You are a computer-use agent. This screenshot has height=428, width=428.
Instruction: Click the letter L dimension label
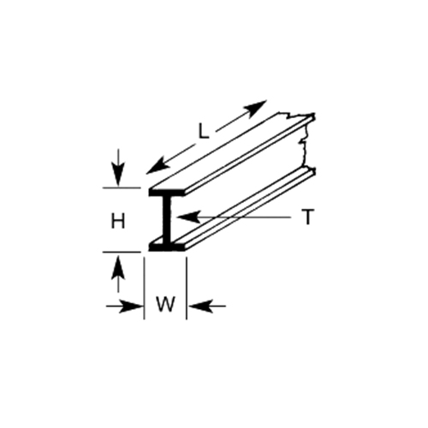tap(204, 132)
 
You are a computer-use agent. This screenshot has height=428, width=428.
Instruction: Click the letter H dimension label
tap(118, 222)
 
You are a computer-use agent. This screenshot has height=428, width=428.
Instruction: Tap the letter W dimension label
tap(165, 304)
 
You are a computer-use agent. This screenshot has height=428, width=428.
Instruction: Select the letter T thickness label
tap(307, 217)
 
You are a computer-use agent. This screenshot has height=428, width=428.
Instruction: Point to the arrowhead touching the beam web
tap(187, 217)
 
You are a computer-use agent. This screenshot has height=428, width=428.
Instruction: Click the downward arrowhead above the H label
tap(118, 175)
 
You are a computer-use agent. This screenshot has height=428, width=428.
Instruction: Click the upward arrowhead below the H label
tap(118, 268)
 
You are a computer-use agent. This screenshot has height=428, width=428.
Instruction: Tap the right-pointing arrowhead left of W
tap(130, 306)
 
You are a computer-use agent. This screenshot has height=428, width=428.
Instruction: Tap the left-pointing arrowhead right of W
tap(201, 306)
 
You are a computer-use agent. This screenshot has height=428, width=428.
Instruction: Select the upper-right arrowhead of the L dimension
tap(254, 109)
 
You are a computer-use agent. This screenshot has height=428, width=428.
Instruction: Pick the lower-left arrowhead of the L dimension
tap(157, 166)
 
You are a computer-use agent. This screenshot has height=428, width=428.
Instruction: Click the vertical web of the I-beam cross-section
tap(167, 219)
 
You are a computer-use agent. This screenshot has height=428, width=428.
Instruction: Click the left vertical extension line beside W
tap(145, 288)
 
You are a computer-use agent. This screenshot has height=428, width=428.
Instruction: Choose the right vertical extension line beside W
tap(187, 288)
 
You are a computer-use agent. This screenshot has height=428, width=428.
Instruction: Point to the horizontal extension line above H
tap(122, 188)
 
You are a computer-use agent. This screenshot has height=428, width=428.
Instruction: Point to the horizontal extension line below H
tap(122, 253)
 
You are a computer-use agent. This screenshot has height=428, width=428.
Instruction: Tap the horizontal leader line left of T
tap(234, 217)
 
